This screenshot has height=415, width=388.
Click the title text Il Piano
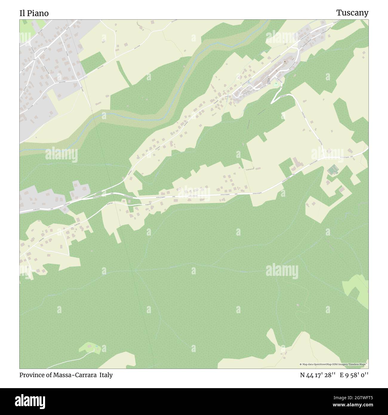click(34, 13)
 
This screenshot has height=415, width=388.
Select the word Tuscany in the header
click(352, 13)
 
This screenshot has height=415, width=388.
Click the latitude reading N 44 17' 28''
click(318, 375)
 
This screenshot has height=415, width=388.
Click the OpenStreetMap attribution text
click(334, 364)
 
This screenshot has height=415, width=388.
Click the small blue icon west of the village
click(248, 81)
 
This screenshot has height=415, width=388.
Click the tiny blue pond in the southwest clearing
click(96, 347)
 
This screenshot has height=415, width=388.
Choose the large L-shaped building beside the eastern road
click(297, 162)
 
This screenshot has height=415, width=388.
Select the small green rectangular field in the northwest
click(91, 62)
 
